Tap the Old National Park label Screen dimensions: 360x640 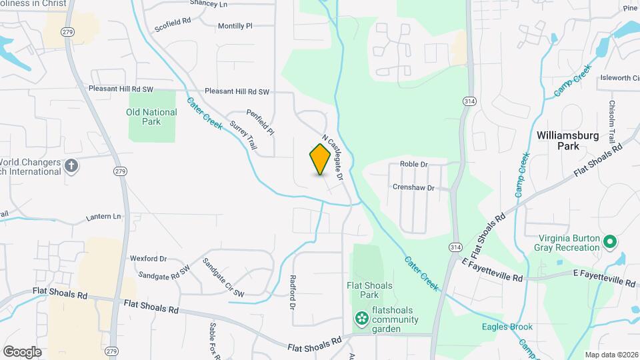[152, 117]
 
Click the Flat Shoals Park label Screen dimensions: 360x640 [369, 290]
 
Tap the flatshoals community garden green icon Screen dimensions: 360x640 [361, 319]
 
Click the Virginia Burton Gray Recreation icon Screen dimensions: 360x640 [608, 241]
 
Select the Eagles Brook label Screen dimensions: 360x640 [507, 327]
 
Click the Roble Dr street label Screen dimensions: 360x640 [413, 163]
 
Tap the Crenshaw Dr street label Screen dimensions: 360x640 [413, 187]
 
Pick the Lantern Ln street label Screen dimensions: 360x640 [103, 217]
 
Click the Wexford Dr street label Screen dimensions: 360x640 [148, 258]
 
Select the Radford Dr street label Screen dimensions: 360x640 [292, 293]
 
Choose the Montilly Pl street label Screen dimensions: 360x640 [235, 26]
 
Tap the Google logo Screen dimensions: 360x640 [21, 351]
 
